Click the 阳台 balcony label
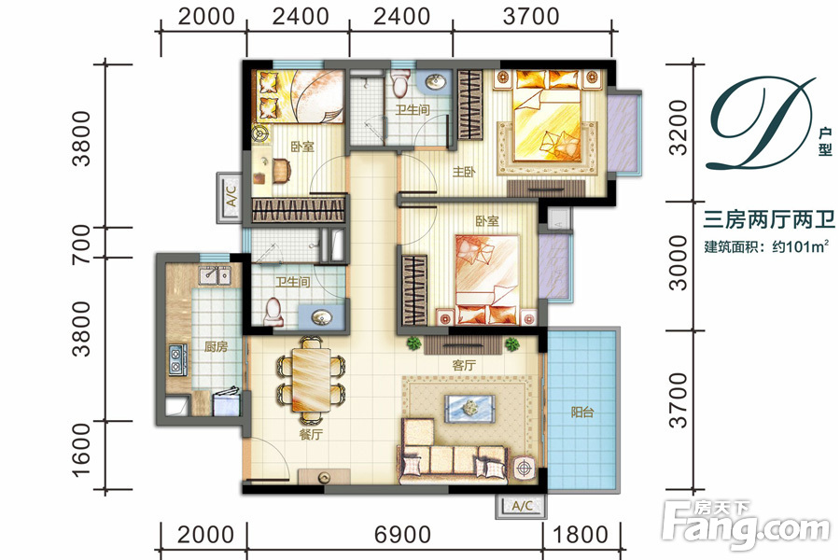(x=581, y=413)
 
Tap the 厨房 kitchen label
(x=216, y=346)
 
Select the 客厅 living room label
(x=464, y=366)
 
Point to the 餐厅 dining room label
(x=311, y=434)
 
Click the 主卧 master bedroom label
(x=464, y=172)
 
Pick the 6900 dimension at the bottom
(x=402, y=535)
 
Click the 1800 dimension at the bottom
(x=581, y=535)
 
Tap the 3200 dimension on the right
(x=679, y=128)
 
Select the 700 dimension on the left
(x=81, y=244)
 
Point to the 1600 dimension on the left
(x=81, y=450)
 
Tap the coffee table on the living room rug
(x=469, y=407)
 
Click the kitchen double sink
(x=216, y=275)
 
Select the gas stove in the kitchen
(x=176, y=359)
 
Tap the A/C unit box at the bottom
(x=521, y=505)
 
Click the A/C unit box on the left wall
(x=229, y=197)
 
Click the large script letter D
(x=762, y=123)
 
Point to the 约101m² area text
(x=801, y=246)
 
